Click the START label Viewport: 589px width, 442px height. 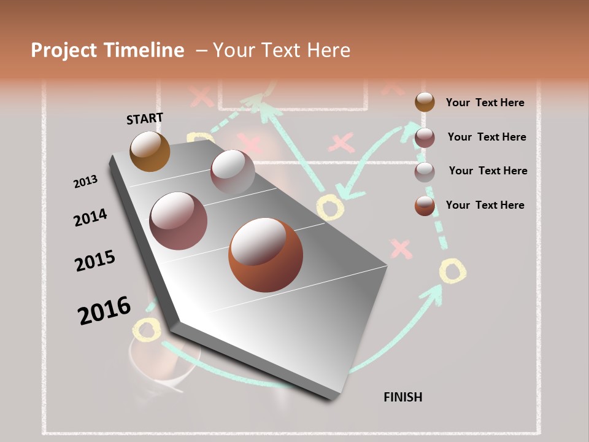(x=145, y=118)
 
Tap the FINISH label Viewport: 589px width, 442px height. (x=403, y=397)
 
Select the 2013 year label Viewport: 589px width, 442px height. (x=85, y=182)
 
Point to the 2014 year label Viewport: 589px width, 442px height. (x=90, y=217)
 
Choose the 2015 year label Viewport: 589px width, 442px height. (x=95, y=261)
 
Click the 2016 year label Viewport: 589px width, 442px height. (x=104, y=311)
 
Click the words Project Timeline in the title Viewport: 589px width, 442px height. (x=107, y=50)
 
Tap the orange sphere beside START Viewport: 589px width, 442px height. (x=150, y=151)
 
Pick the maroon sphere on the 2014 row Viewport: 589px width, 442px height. (x=179, y=221)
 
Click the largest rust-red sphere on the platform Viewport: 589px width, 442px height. (x=266, y=255)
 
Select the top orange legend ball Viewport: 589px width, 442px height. (x=425, y=102)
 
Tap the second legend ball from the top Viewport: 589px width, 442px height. (x=425, y=138)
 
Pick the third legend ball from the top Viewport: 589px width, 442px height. (x=425, y=172)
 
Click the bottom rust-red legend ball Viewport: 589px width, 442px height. (x=425, y=206)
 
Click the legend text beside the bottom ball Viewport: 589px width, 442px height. (x=485, y=205)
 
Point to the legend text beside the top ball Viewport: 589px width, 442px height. (x=485, y=103)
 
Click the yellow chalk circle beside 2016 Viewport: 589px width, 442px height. (x=147, y=330)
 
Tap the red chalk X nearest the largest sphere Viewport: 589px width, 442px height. (x=401, y=249)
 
